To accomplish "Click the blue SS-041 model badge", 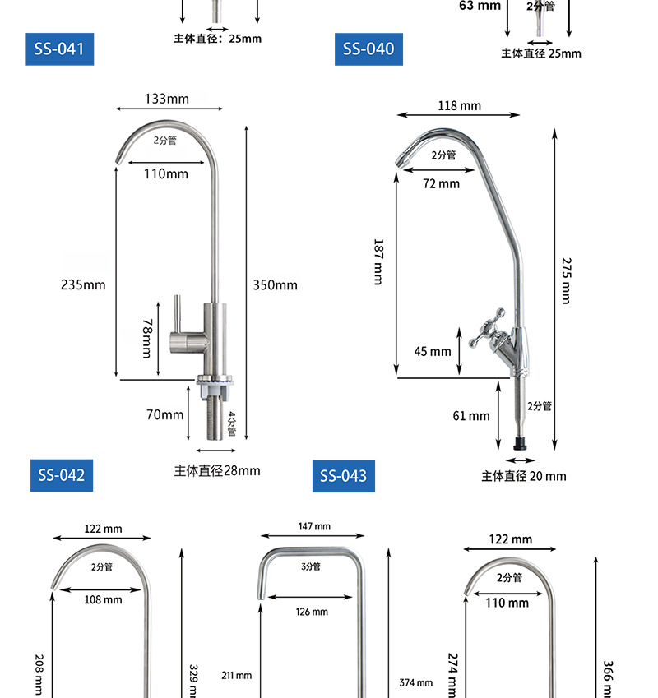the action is tap(60, 49).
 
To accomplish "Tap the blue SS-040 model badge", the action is tap(368, 49).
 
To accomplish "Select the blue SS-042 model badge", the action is tap(62, 475).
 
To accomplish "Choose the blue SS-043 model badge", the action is tap(344, 476).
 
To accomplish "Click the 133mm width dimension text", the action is tap(166, 99).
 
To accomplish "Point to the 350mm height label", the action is tap(276, 285).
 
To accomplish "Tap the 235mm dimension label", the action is tap(83, 284).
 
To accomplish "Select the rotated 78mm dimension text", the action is tap(147, 339).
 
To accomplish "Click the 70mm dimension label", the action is tap(164, 414).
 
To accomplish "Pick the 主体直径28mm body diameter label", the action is tap(217, 470).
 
